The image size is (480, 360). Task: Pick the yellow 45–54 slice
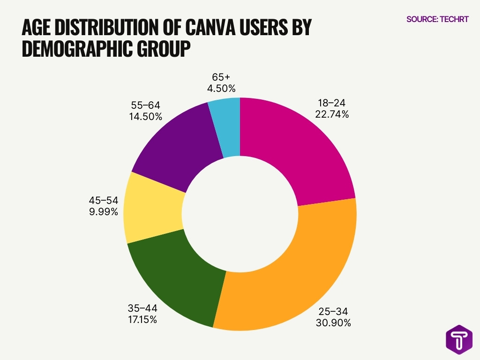click(x=152, y=209)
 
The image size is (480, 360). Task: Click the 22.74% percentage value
click(x=332, y=114)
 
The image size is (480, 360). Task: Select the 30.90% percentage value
click(x=333, y=323)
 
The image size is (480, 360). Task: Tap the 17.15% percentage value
click(x=142, y=320)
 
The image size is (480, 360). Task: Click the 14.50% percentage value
click(x=146, y=117)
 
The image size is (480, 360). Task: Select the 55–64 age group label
click(x=146, y=105)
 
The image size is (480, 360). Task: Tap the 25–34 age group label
click(x=333, y=311)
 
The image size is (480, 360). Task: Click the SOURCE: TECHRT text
click(x=437, y=19)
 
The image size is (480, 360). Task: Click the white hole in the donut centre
click(x=240, y=213)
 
